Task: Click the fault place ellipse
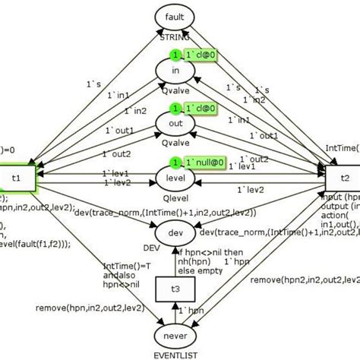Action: [175, 16]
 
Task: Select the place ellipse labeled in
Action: [175, 71]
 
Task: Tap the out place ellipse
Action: [175, 123]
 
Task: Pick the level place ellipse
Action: [175, 176]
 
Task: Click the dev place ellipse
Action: [175, 229]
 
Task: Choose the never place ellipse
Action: [175, 335]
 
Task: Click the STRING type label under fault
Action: [175, 35]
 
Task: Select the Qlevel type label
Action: [175, 195]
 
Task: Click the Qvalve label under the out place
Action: [175, 142]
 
